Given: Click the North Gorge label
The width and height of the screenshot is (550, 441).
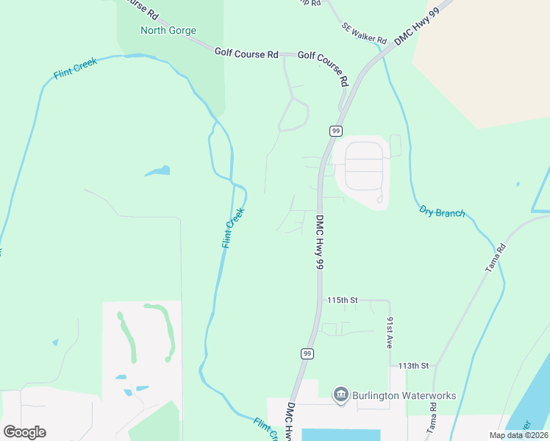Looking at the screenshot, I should (x=168, y=31).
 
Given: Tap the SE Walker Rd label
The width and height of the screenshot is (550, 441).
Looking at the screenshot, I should (x=363, y=32).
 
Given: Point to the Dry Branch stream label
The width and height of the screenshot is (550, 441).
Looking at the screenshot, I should (x=442, y=212).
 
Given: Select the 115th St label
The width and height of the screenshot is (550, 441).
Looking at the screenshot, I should (x=341, y=301).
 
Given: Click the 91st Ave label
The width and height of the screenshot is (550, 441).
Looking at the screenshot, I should (x=390, y=332).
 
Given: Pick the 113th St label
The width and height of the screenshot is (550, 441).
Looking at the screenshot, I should (x=413, y=365).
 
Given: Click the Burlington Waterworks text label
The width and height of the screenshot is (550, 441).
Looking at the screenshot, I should (x=404, y=395).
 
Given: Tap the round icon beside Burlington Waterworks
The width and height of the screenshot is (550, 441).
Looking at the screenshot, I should (x=340, y=395).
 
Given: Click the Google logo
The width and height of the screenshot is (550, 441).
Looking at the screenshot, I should (x=24, y=431).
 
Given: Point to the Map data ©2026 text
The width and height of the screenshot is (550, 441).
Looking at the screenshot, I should (x=518, y=435).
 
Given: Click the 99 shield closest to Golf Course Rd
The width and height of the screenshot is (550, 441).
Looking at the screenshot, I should (x=335, y=131).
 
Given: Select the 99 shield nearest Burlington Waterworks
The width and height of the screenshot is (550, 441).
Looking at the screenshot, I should (x=306, y=354).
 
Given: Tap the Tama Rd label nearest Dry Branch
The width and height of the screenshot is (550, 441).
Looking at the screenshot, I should (x=496, y=259).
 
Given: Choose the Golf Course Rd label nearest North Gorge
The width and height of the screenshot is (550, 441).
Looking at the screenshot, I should (x=246, y=54).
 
